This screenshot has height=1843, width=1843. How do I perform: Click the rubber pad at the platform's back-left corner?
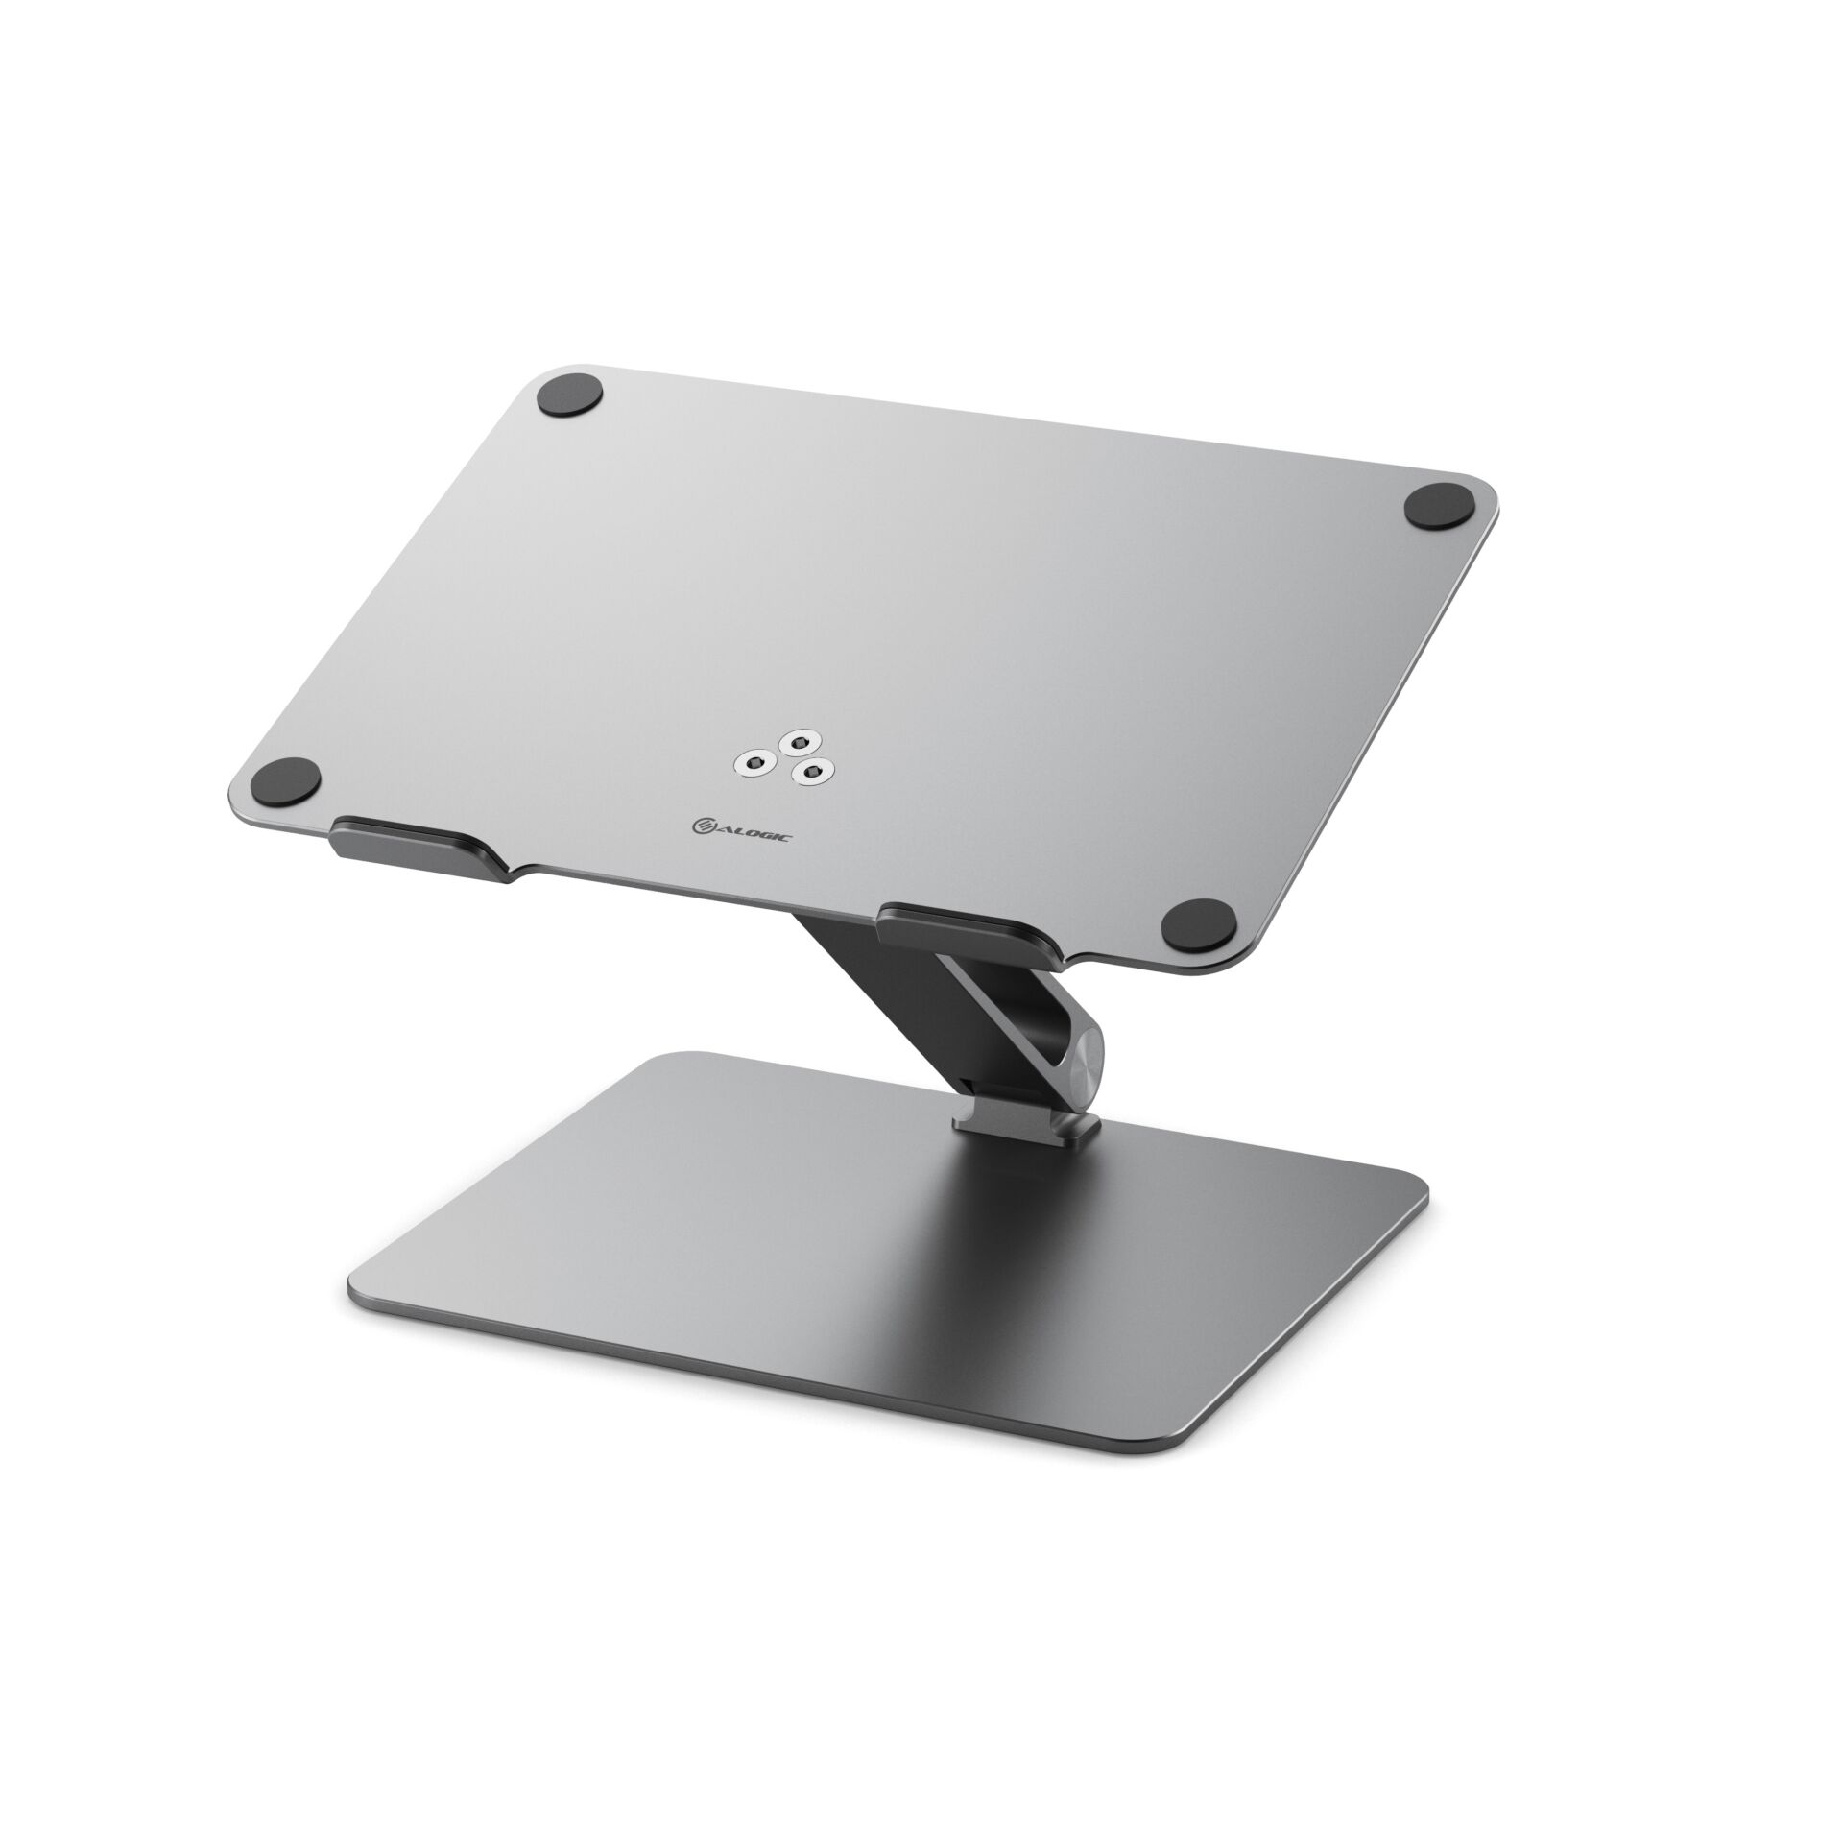click(571, 396)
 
